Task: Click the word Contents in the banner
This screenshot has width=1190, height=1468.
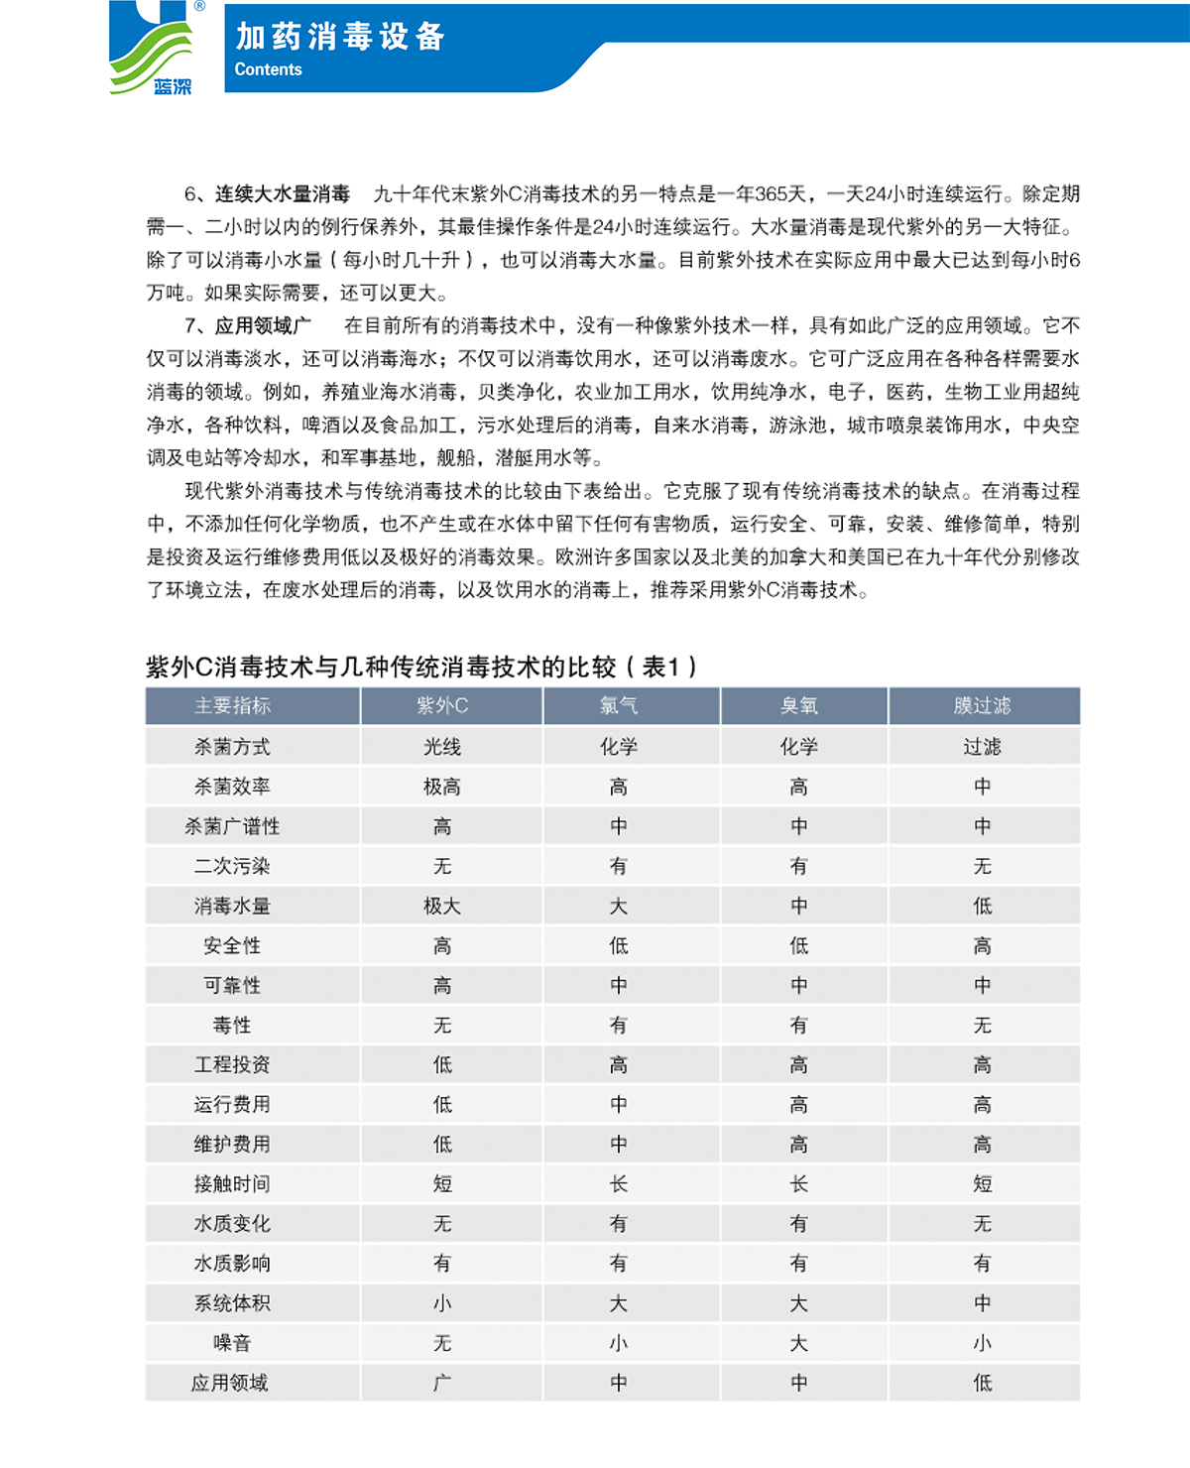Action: pyautogui.click(x=268, y=69)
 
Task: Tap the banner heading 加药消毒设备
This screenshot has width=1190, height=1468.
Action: pyautogui.click(x=340, y=37)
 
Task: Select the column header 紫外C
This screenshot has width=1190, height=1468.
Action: pyautogui.click(x=442, y=706)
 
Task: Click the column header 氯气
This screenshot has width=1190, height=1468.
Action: pyautogui.click(x=619, y=706)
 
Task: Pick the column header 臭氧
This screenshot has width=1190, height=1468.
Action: pyautogui.click(x=799, y=706)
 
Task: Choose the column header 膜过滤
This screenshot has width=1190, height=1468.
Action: pyautogui.click(x=982, y=706)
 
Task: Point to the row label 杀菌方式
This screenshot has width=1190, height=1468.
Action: pyautogui.click(x=232, y=747)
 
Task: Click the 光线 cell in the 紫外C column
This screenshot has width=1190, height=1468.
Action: pyautogui.click(x=442, y=747)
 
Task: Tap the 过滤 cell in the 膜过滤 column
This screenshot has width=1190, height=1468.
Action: pyautogui.click(x=982, y=747)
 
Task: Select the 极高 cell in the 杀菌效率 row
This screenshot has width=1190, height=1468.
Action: pyautogui.click(x=442, y=787)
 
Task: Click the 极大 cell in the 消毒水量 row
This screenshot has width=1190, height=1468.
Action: pyautogui.click(x=442, y=906)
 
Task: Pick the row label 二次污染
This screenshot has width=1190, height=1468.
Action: pyautogui.click(x=232, y=866)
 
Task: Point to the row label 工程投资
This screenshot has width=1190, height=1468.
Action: pyautogui.click(x=232, y=1064)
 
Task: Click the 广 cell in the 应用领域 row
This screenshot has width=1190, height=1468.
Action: pyautogui.click(x=442, y=1383)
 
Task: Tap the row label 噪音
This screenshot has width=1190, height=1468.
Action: pyautogui.click(x=232, y=1343)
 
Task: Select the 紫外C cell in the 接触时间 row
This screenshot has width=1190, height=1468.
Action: pyautogui.click(x=442, y=1183)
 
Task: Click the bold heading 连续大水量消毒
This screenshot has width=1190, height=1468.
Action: pyautogui.click(x=283, y=194)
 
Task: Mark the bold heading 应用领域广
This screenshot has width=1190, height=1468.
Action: pyautogui.click(x=263, y=326)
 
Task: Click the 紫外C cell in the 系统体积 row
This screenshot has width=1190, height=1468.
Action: pyautogui.click(x=442, y=1303)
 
